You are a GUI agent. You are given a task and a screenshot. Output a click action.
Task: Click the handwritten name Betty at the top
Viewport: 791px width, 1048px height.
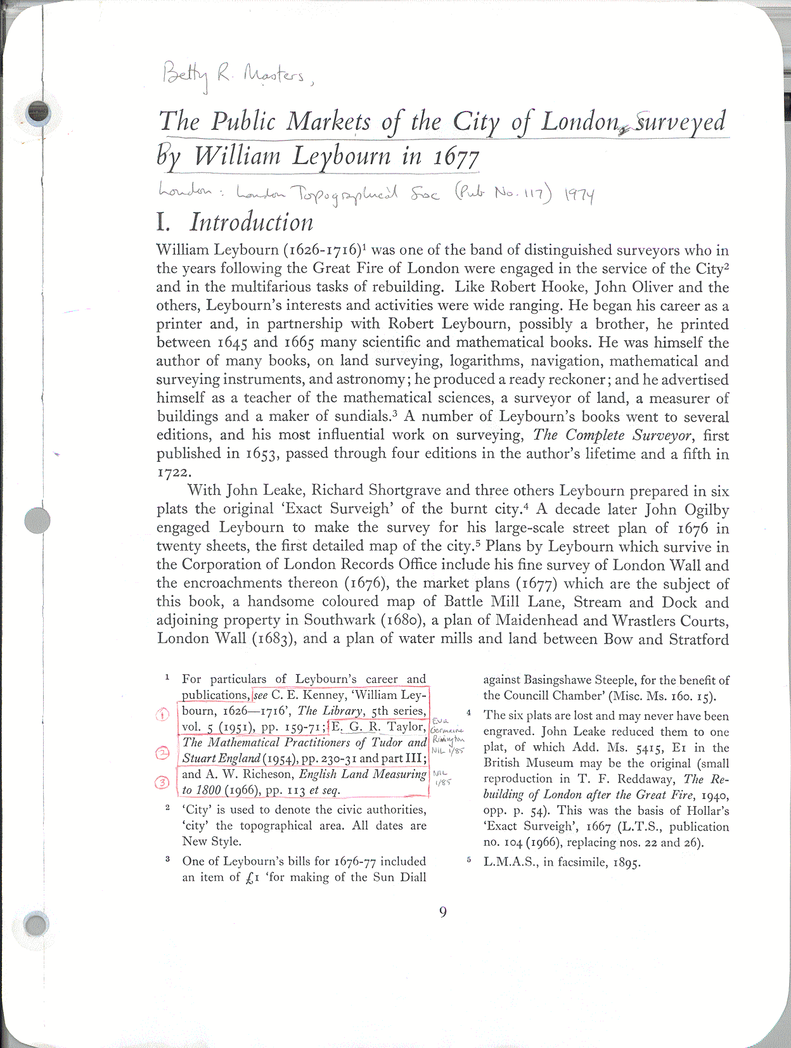coord(184,75)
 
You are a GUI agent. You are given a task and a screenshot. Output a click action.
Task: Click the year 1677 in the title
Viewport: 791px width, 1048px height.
coord(456,157)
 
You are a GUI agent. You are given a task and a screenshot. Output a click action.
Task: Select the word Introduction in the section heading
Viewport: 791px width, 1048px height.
coord(251,222)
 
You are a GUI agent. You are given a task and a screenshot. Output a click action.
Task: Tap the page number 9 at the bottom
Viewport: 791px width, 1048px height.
coord(442,912)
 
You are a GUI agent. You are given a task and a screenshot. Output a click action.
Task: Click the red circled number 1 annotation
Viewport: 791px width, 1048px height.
coord(163,714)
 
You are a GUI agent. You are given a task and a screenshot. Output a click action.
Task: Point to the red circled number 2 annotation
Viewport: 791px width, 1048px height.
coord(163,753)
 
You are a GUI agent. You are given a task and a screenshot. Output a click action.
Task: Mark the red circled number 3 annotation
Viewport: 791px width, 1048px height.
coord(163,783)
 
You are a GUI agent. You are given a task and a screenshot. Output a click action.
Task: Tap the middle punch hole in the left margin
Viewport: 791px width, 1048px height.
coord(37,520)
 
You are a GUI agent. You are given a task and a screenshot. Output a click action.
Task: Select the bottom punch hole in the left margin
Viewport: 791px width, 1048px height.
coord(36,924)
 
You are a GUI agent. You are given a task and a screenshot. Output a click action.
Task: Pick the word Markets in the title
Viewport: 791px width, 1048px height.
coord(328,122)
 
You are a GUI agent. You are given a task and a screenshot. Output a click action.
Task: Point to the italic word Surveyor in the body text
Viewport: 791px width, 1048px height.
coord(662,435)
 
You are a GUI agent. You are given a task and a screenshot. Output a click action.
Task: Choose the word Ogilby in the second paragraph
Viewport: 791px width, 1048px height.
coord(706,509)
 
